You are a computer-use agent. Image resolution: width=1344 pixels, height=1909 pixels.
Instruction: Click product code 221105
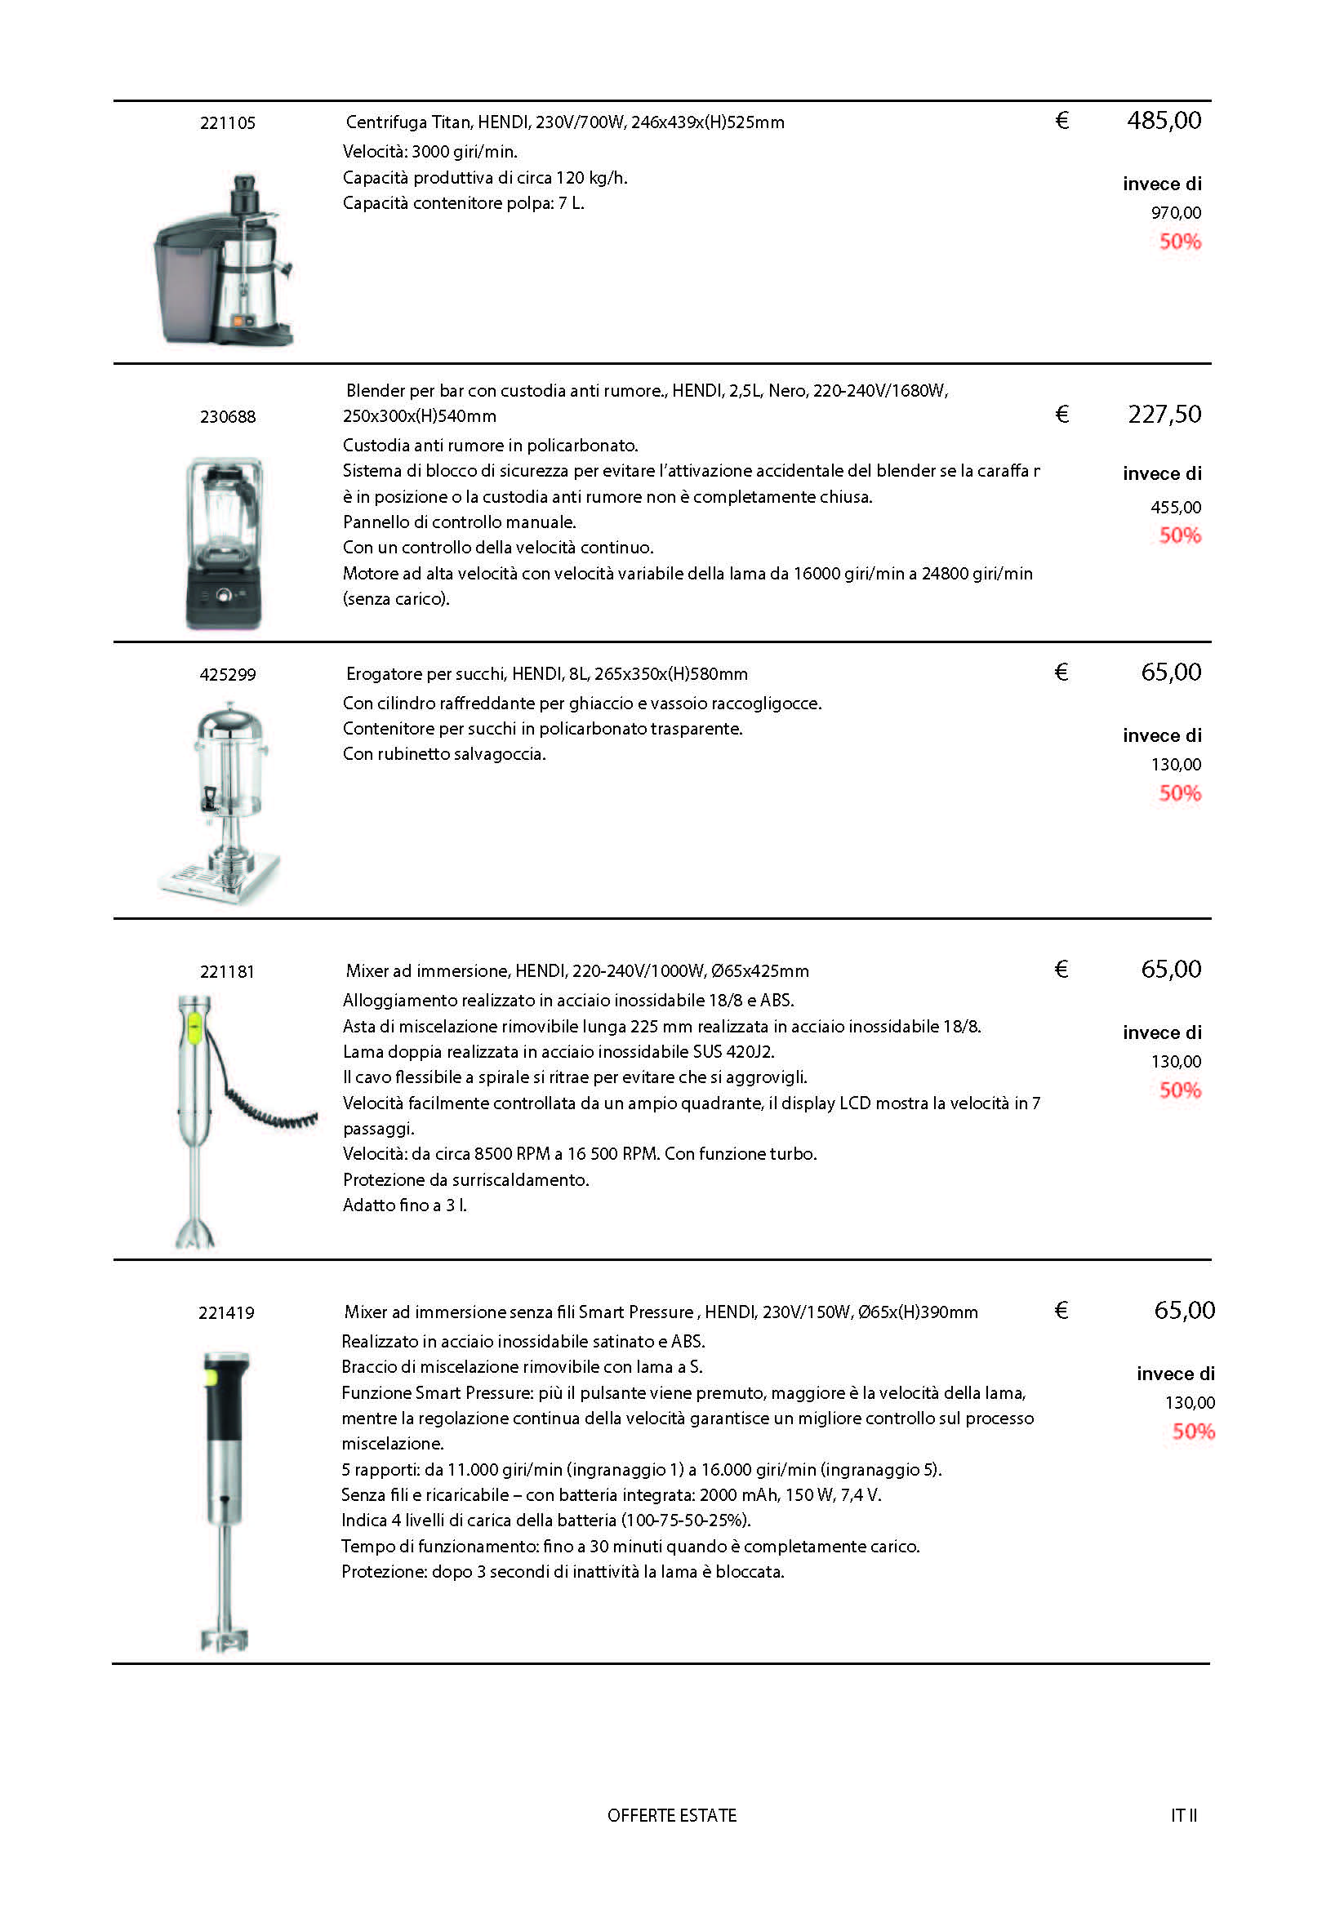pyautogui.click(x=227, y=123)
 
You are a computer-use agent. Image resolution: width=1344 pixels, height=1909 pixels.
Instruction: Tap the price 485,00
pyautogui.click(x=1164, y=121)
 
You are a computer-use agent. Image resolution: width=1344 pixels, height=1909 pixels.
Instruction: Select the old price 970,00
pyautogui.click(x=1175, y=213)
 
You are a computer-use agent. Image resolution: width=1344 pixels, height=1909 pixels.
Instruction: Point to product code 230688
pyautogui.click(x=227, y=416)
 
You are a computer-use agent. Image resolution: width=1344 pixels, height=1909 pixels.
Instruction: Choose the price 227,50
pyautogui.click(x=1164, y=414)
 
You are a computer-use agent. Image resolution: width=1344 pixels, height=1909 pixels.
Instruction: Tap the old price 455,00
pyautogui.click(x=1175, y=507)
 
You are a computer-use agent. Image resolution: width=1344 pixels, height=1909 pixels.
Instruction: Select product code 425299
pyautogui.click(x=227, y=674)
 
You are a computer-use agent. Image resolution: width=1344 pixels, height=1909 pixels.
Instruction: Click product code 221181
pyautogui.click(x=227, y=971)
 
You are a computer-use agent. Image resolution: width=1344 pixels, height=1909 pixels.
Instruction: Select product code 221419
pyautogui.click(x=226, y=1313)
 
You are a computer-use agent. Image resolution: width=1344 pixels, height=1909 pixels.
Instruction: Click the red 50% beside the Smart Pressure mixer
pyautogui.click(x=1194, y=1431)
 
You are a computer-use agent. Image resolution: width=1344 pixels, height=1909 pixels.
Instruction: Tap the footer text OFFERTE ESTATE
pyautogui.click(x=672, y=1816)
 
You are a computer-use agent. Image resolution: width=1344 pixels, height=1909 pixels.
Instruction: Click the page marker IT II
pyautogui.click(x=1183, y=1816)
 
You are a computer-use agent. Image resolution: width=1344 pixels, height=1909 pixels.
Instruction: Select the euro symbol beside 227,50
pyautogui.click(x=1061, y=414)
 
